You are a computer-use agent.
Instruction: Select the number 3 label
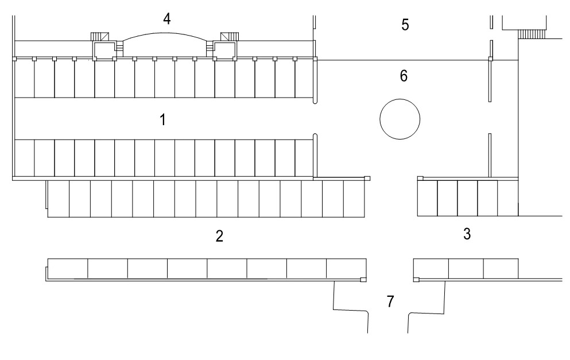467,234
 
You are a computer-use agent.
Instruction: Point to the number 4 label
166,19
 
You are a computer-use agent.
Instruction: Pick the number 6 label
404,76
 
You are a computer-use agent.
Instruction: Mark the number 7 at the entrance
390,301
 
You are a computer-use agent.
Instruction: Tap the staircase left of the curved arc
99,36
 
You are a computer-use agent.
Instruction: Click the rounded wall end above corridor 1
315,100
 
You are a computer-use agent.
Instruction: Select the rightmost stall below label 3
501,269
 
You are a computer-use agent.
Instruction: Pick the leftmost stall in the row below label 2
67,268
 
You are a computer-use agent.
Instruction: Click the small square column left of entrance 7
362,279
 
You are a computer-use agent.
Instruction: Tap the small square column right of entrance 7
417,279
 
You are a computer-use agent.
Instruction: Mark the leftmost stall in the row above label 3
427,199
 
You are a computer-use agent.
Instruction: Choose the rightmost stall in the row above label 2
354,199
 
